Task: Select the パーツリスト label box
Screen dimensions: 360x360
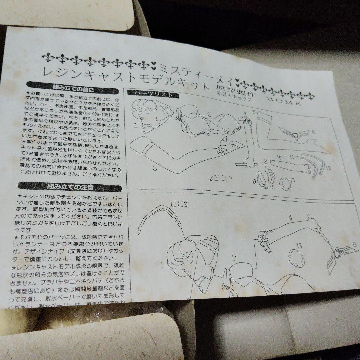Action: (154, 94)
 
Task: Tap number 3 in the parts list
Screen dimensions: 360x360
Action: (155, 168)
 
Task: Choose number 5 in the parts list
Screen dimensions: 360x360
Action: (254, 113)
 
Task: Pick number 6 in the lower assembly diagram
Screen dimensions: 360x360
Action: (354, 244)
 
